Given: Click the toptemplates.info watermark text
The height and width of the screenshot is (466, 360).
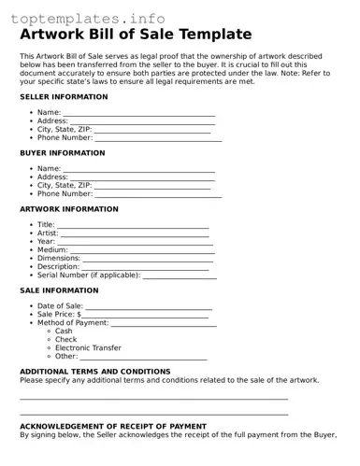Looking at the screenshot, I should click(x=88, y=18).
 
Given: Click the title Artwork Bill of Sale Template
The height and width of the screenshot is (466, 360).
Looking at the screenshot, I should click(x=136, y=35).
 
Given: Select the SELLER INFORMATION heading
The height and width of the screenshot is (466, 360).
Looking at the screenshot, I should click(x=64, y=97).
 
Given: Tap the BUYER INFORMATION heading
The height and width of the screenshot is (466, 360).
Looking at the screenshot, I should click(x=63, y=153).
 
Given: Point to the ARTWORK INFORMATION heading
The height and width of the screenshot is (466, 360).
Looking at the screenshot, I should click(x=69, y=209).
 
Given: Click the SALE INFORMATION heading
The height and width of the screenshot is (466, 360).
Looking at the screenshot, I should click(x=59, y=290).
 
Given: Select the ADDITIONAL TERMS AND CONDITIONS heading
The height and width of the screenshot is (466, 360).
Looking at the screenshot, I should click(x=95, y=371).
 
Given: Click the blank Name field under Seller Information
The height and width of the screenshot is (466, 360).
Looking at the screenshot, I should click(x=139, y=113).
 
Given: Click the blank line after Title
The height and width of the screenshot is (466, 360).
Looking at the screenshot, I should click(x=133, y=226).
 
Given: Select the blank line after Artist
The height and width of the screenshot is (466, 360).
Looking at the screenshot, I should click(x=136, y=234).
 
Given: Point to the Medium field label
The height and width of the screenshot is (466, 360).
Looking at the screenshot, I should click(x=52, y=250).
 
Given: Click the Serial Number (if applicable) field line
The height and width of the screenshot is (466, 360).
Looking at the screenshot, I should click(x=179, y=276).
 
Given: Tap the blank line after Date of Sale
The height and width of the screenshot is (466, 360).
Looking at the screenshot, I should click(x=149, y=307).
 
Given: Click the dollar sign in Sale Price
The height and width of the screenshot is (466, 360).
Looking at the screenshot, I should click(x=79, y=315).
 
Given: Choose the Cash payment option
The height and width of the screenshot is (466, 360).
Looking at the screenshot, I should click(x=64, y=332).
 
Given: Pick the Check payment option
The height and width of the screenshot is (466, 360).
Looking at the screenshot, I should click(x=65, y=340).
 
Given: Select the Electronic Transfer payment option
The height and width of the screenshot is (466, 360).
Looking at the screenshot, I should click(x=88, y=348).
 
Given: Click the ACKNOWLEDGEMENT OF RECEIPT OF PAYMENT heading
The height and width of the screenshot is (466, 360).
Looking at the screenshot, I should click(x=113, y=426).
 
